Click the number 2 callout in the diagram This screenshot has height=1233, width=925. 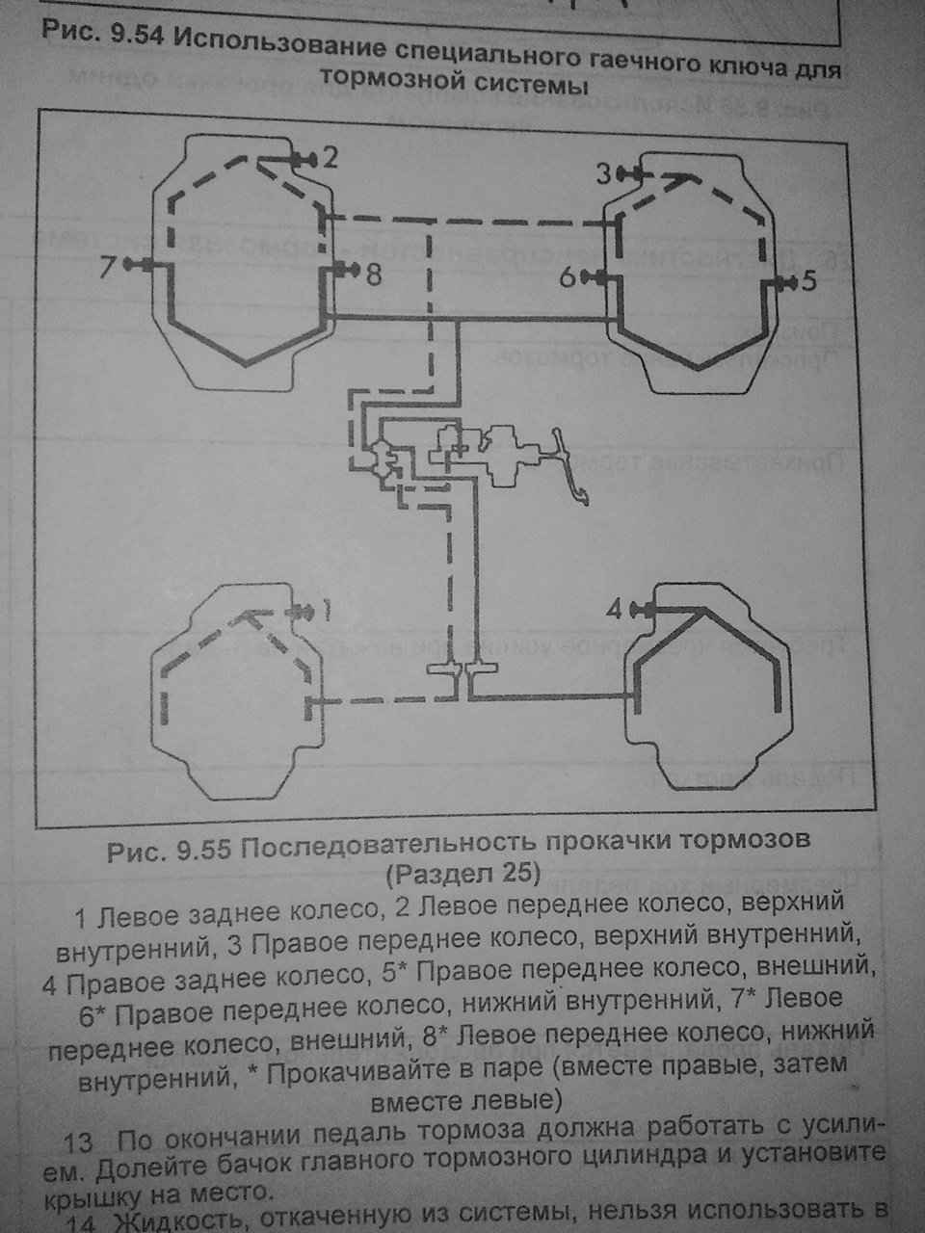(x=330, y=157)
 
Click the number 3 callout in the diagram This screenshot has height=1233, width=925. (x=603, y=173)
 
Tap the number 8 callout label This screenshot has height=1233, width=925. (x=373, y=276)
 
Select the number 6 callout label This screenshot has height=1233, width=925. (x=568, y=277)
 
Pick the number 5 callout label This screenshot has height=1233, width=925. (x=807, y=281)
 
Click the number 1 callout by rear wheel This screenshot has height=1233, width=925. (x=326, y=611)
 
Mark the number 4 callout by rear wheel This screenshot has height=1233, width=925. (x=615, y=609)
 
